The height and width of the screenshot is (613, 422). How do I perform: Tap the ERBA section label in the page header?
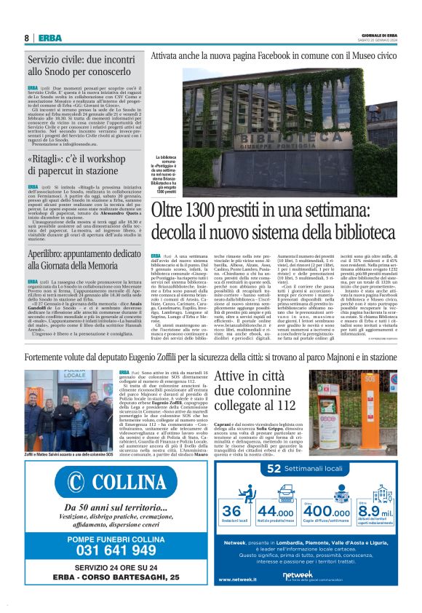pos(50,38)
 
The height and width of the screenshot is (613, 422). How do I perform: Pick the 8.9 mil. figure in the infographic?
pos(374,512)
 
